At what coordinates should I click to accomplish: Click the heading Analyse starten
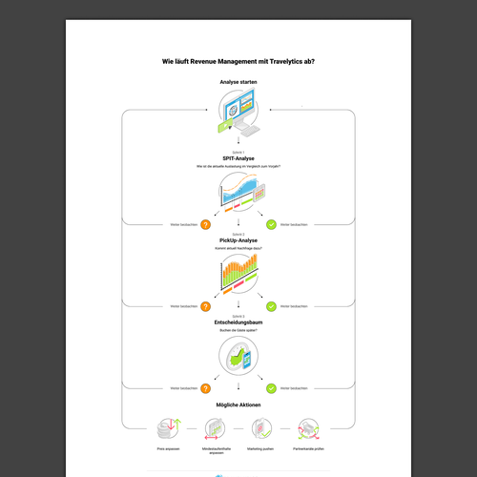(238, 83)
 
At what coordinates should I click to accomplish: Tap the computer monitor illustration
(238, 115)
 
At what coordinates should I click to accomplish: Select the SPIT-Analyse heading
(238, 158)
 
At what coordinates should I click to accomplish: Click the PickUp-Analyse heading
(238, 240)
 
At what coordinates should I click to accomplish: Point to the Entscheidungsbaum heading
(238, 322)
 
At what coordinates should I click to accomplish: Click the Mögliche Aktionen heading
(238, 404)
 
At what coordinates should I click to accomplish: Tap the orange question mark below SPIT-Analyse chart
(205, 224)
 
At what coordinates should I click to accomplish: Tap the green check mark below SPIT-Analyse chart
(271, 224)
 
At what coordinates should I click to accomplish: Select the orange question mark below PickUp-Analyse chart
(205, 306)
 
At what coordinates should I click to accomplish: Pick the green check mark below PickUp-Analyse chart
(271, 306)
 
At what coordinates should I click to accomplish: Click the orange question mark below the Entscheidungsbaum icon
(205, 388)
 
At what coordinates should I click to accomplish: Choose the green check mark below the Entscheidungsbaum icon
(271, 388)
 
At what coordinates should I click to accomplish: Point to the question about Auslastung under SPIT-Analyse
(238, 167)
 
